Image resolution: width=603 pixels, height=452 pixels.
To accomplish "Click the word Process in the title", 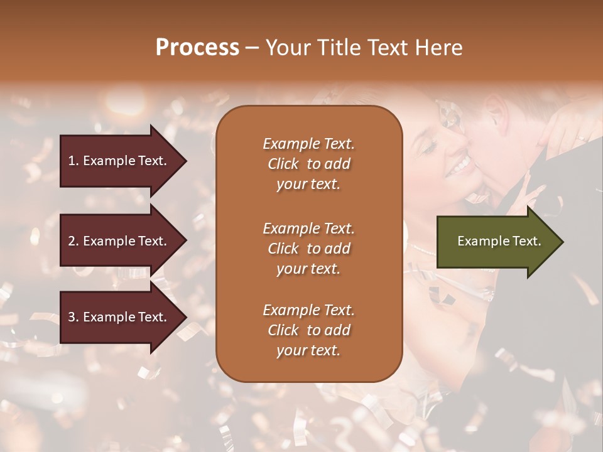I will (x=197, y=47).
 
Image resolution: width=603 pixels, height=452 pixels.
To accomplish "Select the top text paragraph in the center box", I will (x=308, y=164).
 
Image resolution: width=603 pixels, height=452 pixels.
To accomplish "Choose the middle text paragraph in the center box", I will (x=308, y=249).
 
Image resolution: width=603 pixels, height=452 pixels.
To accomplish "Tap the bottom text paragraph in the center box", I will (x=308, y=330).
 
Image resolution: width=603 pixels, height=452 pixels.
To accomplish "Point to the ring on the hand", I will (x=582, y=137).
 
